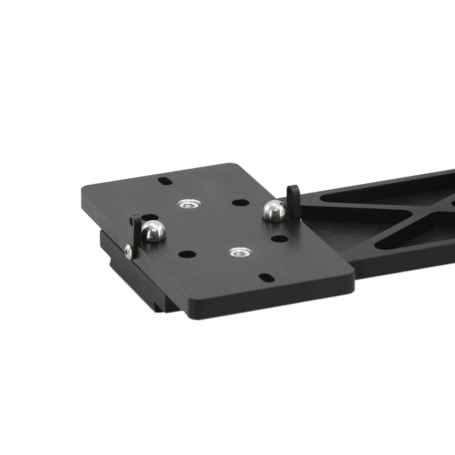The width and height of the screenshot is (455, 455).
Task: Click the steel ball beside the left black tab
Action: (153, 231)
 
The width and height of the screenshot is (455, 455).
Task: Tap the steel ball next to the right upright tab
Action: (275, 211)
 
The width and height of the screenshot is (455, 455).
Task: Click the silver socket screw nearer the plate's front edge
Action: (240, 252)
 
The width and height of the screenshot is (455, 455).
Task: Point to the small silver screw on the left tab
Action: (128, 251)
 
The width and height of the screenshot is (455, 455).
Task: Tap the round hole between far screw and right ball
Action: (240, 202)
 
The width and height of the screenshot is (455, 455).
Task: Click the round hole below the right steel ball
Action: (279, 238)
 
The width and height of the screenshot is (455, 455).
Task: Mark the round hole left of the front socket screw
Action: (187, 254)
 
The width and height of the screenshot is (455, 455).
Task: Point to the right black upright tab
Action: (294, 200)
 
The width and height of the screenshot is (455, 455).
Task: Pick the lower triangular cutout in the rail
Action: (409, 237)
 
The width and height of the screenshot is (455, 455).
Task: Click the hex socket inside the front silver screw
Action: (240, 252)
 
